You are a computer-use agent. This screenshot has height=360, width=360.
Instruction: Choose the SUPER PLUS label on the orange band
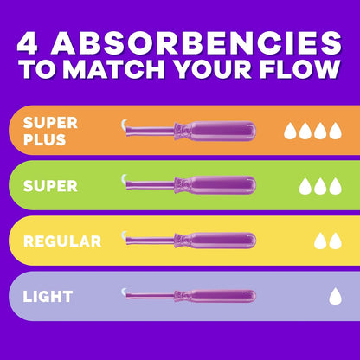pos(50,132)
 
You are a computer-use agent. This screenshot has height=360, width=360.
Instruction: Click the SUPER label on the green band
pos(50,186)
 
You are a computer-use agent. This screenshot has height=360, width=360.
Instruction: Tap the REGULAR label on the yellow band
pos(62,241)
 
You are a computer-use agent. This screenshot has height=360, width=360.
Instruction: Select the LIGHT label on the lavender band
pos(48,297)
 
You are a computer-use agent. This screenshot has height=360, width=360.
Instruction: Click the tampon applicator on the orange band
pos(189,131)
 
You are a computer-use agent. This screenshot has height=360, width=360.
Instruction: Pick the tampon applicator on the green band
pos(189,185)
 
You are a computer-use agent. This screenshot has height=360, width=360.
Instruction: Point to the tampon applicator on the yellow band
pos(189,241)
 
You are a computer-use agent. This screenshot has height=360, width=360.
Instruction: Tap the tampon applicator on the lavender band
pos(189,296)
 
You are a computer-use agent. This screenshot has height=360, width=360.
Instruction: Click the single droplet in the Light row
pos(335,296)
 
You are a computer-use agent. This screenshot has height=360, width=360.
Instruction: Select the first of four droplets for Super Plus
pos(290,131)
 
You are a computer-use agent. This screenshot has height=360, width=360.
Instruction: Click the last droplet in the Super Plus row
pos(335,131)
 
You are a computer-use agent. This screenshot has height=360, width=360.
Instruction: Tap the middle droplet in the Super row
pos(320,186)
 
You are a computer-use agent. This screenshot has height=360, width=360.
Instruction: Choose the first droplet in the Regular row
pos(320,241)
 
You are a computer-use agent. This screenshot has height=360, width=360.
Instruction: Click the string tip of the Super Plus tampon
pos(124,125)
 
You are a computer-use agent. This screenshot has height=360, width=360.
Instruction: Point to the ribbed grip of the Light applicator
pos(182,296)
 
